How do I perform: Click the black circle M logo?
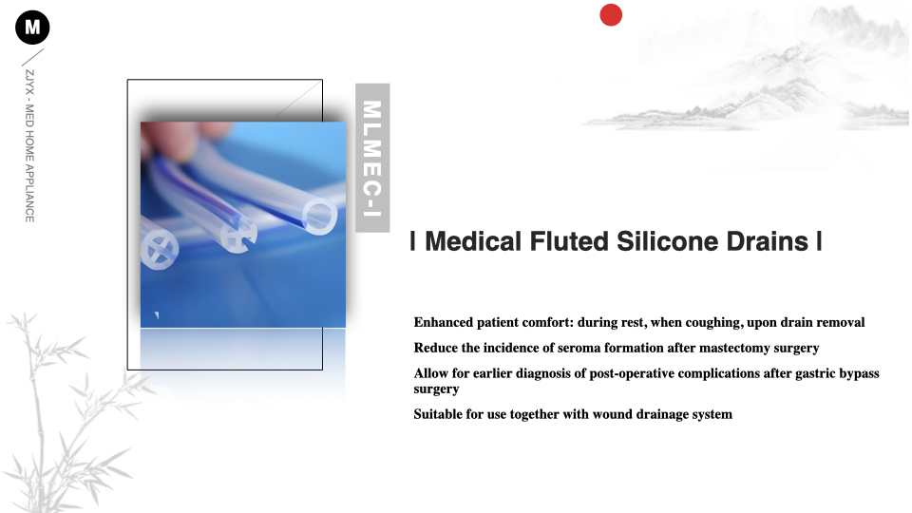pos(32,28)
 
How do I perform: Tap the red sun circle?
pos(611,15)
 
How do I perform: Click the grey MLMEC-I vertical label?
pos(372,158)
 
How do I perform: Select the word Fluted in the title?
pos(568,241)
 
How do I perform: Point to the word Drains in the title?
pos(768,241)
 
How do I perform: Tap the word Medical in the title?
pos(473,241)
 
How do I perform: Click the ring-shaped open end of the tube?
pos(319,217)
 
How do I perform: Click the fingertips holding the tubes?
pos(185,135)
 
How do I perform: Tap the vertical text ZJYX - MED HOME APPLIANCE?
pos(29,146)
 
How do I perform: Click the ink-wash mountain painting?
pos(750,76)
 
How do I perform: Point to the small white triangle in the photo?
pos(157,315)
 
